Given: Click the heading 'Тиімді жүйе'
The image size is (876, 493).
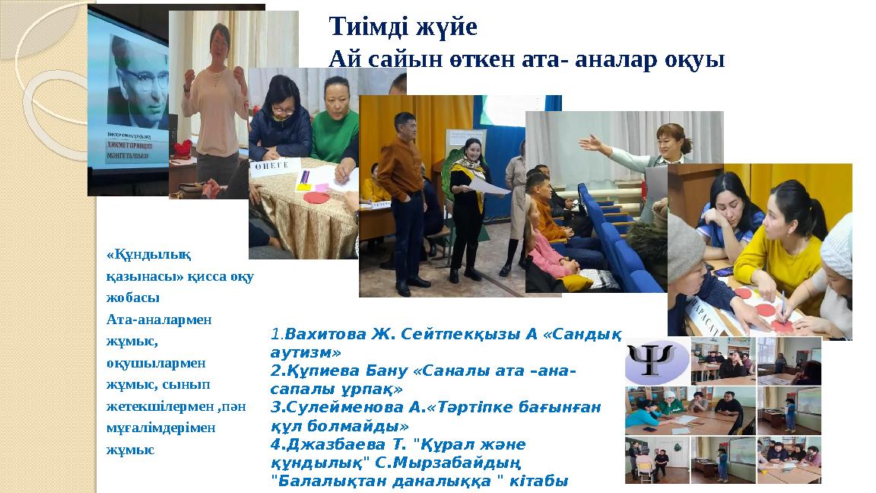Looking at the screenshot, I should [403, 27].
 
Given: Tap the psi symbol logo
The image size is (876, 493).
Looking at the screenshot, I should [655, 360].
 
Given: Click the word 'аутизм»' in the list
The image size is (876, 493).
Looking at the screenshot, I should [306, 352].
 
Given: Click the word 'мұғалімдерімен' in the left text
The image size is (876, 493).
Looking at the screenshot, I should [161, 427].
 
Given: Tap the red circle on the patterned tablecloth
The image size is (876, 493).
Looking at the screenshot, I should [316, 197].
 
